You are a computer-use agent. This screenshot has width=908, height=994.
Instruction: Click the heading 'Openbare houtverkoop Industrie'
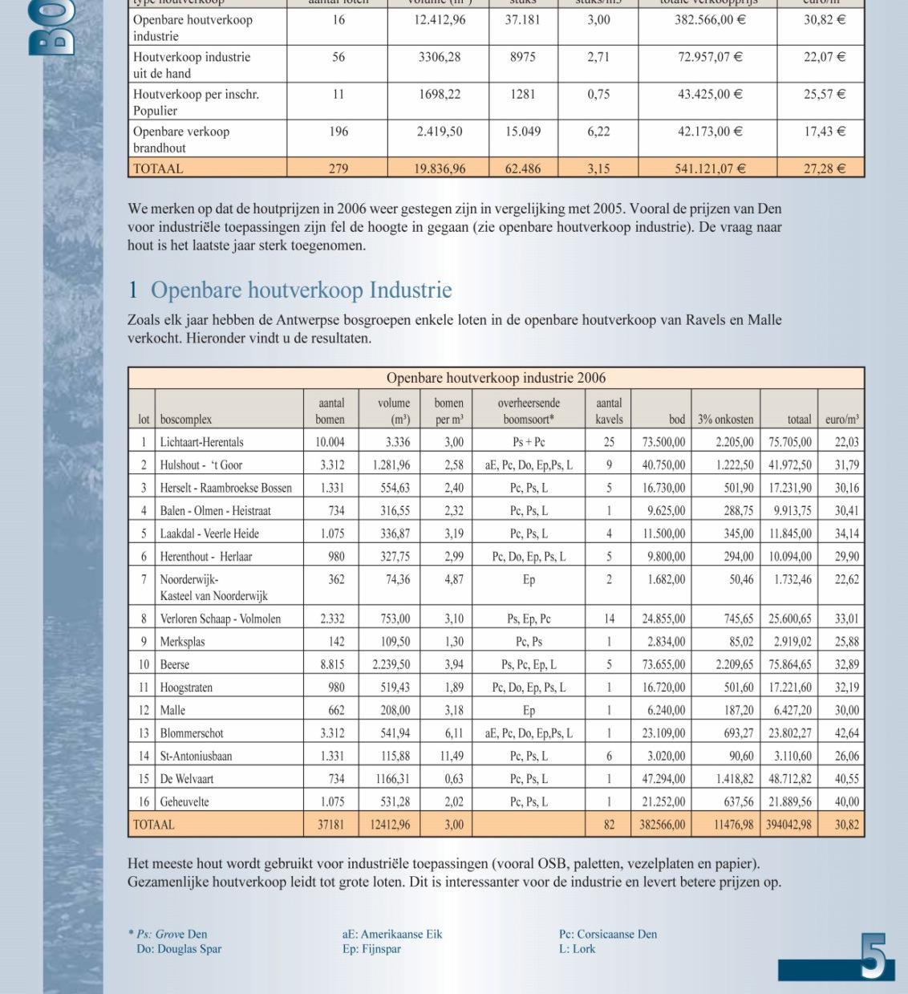pyautogui.click(x=301, y=290)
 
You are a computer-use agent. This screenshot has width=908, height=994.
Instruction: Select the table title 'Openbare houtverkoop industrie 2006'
pyautogui.click(x=496, y=378)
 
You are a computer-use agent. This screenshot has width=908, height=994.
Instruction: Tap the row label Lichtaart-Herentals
pyautogui.click(x=201, y=442)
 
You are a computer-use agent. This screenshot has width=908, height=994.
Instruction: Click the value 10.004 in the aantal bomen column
pyautogui.click(x=330, y=442)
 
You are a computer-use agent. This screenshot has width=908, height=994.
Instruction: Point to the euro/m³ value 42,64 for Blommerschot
pyautogui.click(x=846, y=733)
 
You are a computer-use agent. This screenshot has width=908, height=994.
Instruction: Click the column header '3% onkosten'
pyautogui.click(x=725, y=420)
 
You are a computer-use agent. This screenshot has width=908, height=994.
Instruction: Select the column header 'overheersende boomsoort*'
pyautogui.click(x=529, y=411)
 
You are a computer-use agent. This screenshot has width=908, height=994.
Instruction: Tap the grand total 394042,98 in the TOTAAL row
pyautogui.click(x=788, y=825)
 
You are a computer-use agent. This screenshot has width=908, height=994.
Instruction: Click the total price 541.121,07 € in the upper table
pyautogui.click(x=710, y=168)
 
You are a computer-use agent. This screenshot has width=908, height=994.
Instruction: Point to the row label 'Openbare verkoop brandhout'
pyautogui.click(x=181, y=140)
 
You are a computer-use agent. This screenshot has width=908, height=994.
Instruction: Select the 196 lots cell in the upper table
pyautogui.click(x=338, y=132)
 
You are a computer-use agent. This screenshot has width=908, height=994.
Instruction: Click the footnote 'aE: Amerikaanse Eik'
pyautogui.click(x=392, y=934)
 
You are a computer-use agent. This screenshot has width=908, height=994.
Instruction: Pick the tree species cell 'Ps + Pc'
pyautogui.click(x=529, y=442)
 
